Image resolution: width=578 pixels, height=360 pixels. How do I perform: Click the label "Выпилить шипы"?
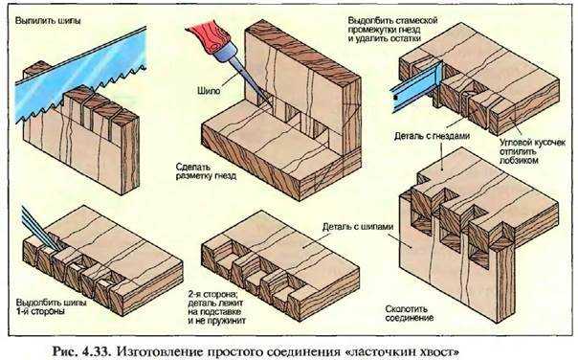click(x=48, y=21)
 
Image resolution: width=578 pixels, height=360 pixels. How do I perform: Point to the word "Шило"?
click(x=209, y=90)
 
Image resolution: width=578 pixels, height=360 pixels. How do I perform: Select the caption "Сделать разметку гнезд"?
click(x=206, y=171)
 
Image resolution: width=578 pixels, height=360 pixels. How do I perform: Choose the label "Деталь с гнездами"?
click(x=432, y=136)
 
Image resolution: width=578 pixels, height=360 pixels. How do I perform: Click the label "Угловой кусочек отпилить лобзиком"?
click(x=531, y=151)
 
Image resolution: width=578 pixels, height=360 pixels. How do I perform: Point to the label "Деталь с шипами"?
click(x=358, y=227)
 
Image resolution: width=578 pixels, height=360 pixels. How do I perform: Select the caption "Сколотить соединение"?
click(x=410, y=313)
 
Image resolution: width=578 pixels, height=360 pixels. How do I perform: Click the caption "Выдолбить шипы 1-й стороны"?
click(x=51, y=306)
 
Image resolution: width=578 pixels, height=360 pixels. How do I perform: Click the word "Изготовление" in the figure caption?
click(x=161, y=350)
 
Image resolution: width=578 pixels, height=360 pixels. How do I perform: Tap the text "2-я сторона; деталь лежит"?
click(x=215, y=299)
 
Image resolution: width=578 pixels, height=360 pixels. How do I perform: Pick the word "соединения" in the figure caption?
click(x=311, y=350)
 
